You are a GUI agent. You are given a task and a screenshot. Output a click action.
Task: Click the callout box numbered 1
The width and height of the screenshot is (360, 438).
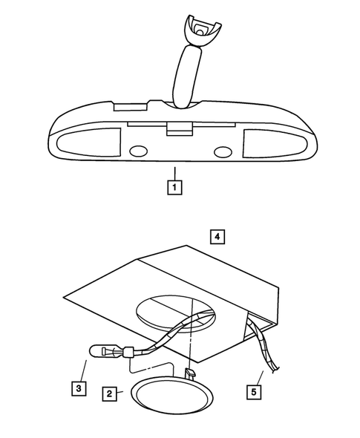coord(174,187)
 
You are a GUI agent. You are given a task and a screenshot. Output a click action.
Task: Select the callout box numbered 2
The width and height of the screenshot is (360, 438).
coord(109,393)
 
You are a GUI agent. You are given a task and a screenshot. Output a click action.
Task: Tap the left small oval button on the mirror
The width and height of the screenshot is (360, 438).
coord(139,151)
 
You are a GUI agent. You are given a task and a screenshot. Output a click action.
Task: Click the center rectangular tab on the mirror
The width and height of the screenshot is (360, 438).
coord(177,130)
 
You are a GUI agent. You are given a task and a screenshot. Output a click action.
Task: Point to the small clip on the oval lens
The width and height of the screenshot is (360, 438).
coord(190,370)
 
